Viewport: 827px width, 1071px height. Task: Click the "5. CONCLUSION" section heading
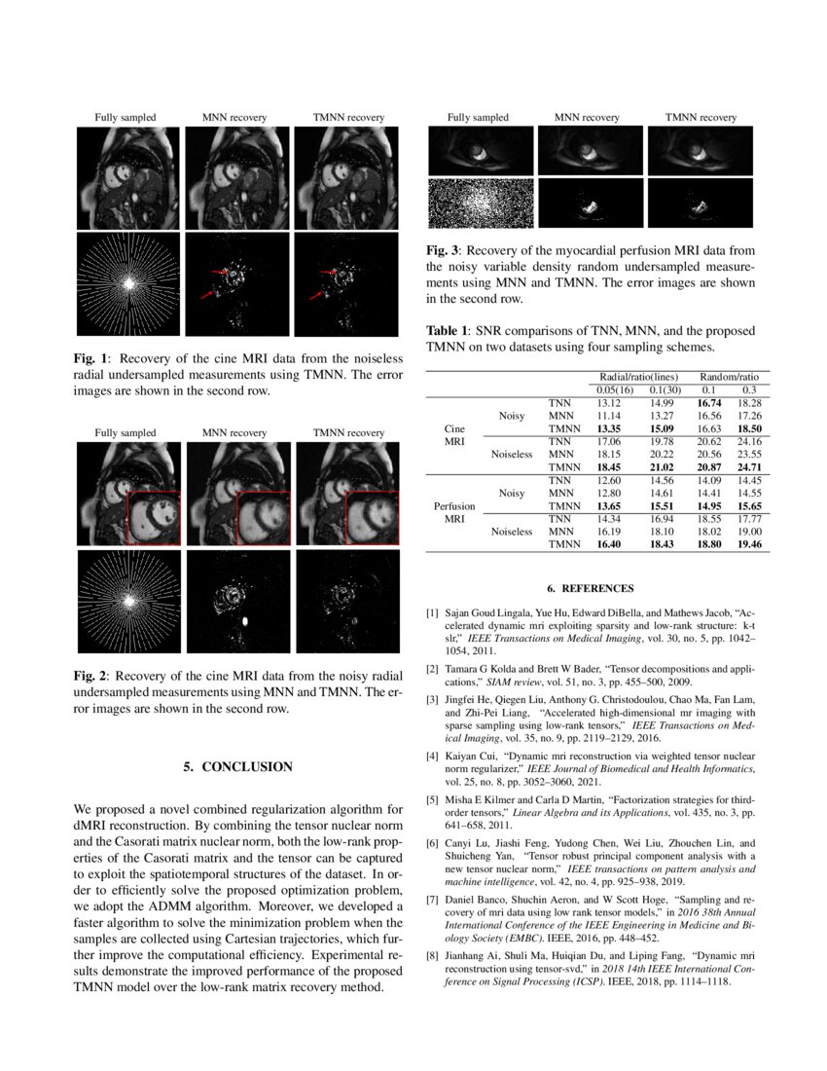click(237, 767)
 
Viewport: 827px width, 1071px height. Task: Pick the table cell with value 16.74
click(707, 401)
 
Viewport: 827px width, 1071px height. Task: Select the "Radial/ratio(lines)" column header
click(637, 375)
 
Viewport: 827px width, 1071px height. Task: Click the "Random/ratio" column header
click(728, 375)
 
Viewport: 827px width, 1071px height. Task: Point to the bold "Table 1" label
click(448, 331)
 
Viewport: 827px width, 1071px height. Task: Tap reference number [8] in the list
click(432, 957)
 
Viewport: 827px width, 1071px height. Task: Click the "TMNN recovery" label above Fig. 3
click(701, 118)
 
